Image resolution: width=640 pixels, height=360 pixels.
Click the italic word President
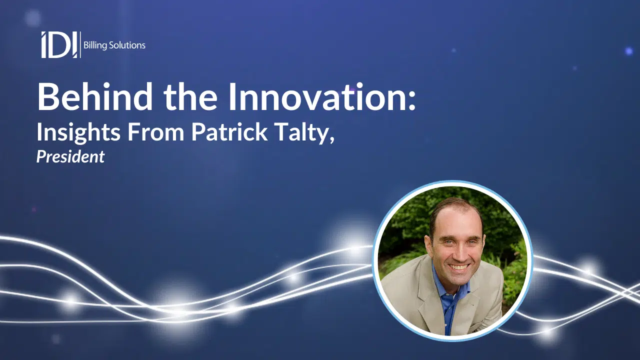70,156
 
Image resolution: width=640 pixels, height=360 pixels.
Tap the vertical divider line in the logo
80,45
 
